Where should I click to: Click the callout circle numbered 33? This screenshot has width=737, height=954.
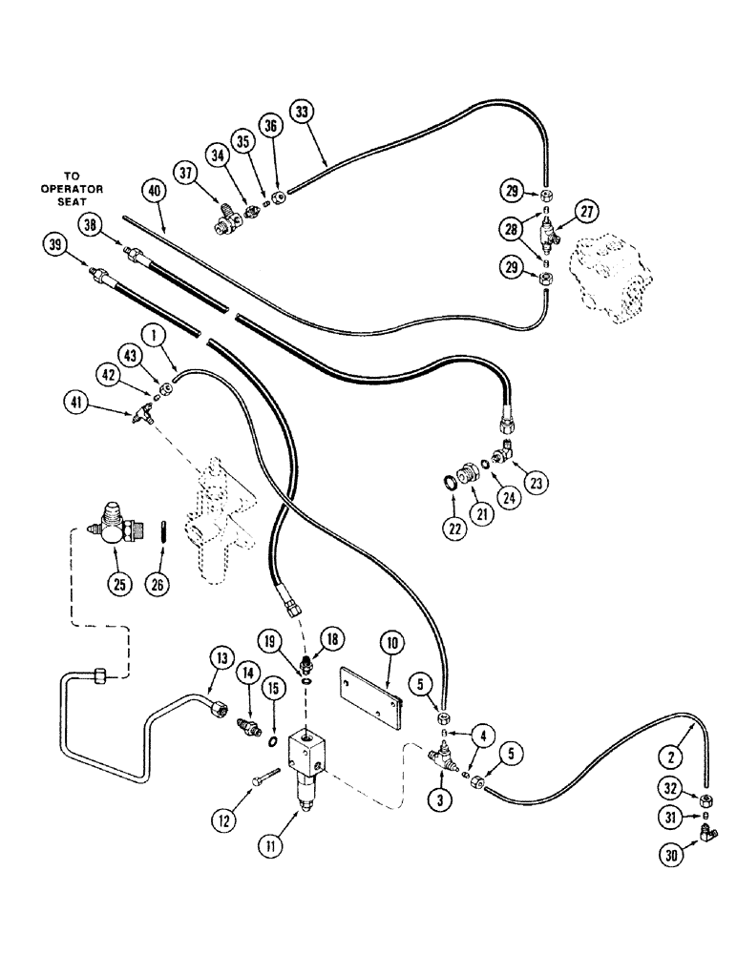pos(303,113)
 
